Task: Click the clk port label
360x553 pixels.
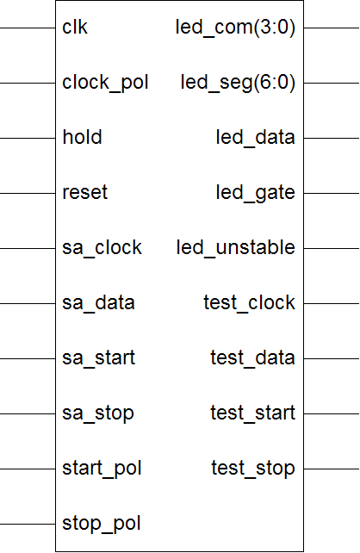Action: pos(75,28)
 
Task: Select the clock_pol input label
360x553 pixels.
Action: pos(105,84)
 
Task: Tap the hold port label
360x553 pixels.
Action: pos(82,137)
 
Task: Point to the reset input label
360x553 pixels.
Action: pos(85,193)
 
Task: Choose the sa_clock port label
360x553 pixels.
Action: pos(102,248)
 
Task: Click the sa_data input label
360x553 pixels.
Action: pos(98,303)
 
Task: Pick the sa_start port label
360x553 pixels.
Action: pos(99,358)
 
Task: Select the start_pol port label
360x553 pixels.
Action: pos(102,469)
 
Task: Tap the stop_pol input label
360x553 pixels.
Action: pos(102,524)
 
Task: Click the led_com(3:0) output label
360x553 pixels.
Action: pos(235,28)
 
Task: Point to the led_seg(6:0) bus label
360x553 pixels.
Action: pos(238,84)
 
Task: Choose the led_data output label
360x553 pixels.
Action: pos(255,138)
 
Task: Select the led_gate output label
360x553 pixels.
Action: pos(255,193)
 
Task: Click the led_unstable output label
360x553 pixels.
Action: pos(235,248)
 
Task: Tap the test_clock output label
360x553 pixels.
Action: pos(249,303)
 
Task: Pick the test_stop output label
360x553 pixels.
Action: pos(253,469)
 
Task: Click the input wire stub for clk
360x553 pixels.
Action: pos(28,28)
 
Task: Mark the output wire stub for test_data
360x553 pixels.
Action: pos(332,358)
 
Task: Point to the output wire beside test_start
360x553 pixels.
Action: pos(332,413)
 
